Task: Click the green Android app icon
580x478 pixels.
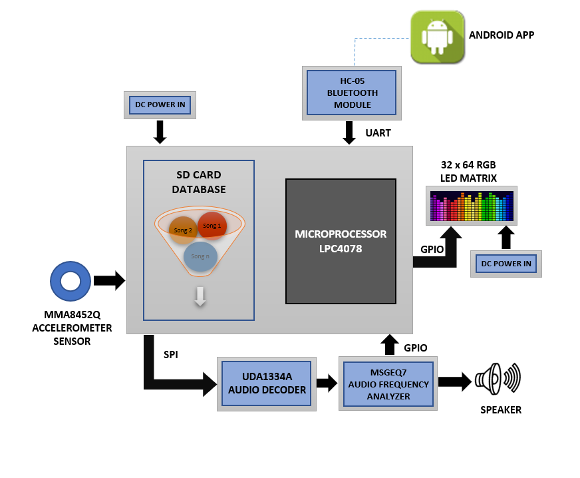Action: [x=438, y=37]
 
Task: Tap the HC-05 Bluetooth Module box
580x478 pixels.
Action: [x=352, y=93]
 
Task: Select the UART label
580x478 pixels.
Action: [x=378, y=133]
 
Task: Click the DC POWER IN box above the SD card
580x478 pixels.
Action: [x=160, y=105]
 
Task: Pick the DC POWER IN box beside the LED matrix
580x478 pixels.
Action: [x=506, y=264]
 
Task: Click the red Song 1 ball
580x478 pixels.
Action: [x=212, y=226]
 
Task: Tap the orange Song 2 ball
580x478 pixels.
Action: [x=183, y=230]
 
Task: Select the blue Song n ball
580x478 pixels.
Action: [x=200, y=256]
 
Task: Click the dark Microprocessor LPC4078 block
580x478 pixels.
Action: [x=341, y=242]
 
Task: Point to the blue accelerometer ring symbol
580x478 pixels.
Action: [x=55, y=282]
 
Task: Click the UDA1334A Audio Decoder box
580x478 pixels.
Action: [x=267, y=384]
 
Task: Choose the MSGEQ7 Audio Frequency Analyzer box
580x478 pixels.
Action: [x=388, y=384]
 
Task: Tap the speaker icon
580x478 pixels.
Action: [x=498, y=379]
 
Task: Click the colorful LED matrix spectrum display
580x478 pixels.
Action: [x=472, y=206]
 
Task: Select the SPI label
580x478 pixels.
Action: [x=171, y=355]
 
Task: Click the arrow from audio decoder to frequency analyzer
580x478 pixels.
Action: [x=327, y=383]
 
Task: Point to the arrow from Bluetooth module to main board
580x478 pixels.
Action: [x=349, y=132]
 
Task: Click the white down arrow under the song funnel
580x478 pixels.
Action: [x=200, y=296]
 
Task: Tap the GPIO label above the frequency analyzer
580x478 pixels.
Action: [x=416, y=348]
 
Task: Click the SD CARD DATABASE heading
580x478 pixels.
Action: [x=199, y=182]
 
